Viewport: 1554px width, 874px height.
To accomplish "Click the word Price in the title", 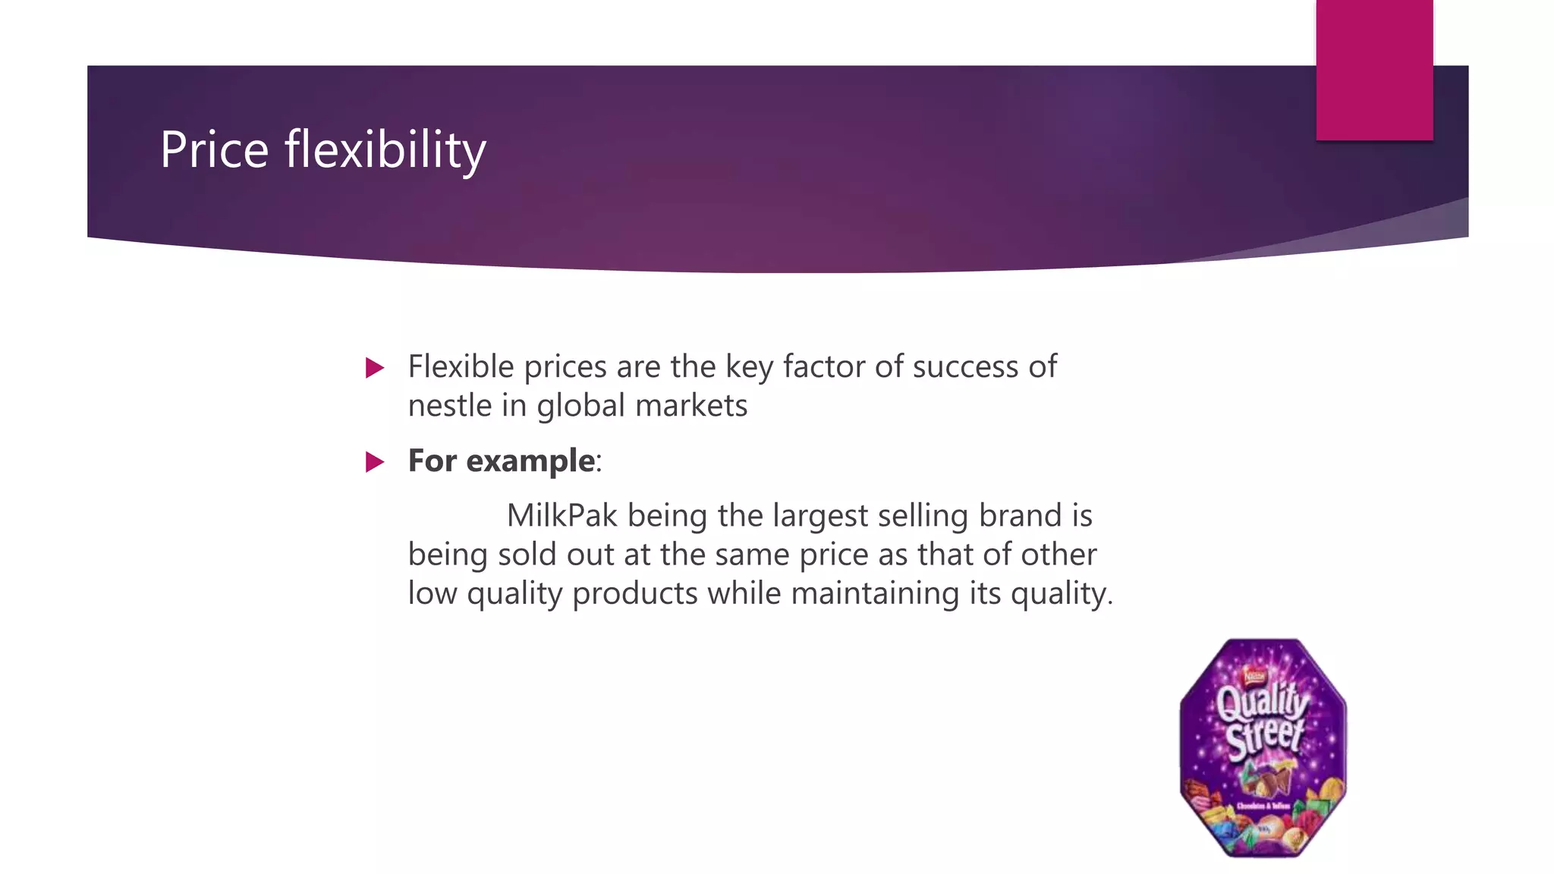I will coord(214,149).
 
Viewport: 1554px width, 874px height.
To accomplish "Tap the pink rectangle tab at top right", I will coord(1374,70).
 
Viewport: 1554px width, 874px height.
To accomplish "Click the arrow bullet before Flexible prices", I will coord(375,369).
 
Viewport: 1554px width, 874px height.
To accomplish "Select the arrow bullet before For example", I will coord(375,462).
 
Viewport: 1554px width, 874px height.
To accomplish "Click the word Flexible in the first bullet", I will coord(461,367).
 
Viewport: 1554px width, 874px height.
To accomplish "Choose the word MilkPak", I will coord(562,516).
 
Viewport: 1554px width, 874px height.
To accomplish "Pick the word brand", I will coord(1021,516).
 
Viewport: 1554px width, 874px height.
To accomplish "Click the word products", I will coord(634,593).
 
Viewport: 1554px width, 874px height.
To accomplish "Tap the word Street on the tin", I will coord(1265,737).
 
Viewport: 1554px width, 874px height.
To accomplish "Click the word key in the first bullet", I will coord(749,367).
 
